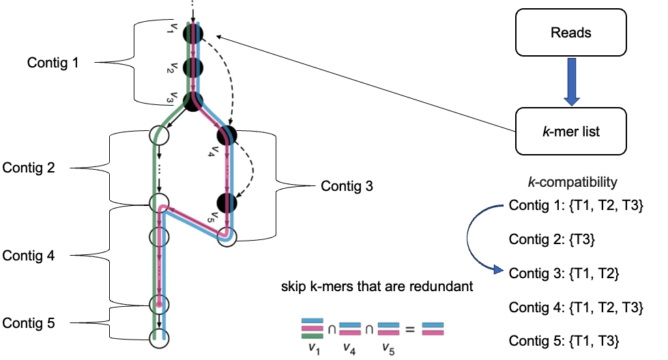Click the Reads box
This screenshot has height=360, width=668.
(570, 32)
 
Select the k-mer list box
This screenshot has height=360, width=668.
(570, 131)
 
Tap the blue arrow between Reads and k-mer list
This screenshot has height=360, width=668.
(570, 81)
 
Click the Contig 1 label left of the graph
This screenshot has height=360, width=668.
(53, 63)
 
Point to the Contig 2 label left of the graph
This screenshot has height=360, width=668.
(29, 167)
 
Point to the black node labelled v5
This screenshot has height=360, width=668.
(227, 202)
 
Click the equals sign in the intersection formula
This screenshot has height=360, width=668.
(409, 329)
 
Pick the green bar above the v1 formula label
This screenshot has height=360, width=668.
(313, 335)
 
